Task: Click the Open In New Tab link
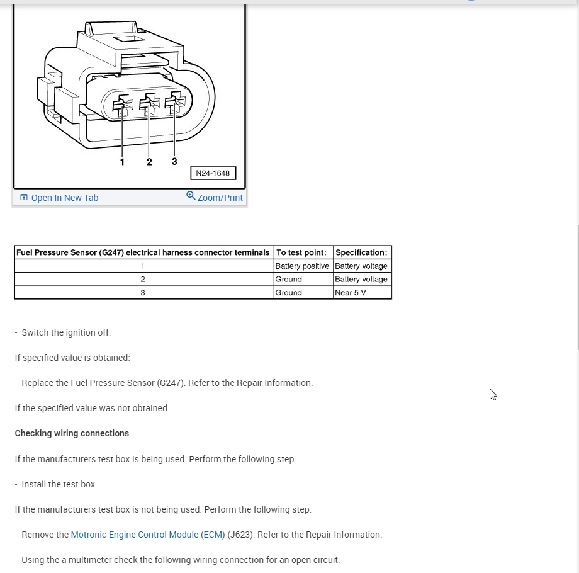pyautogui.click(x=64, y=198)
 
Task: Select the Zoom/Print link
pyautogui.click(x=220, y=198)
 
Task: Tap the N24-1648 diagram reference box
pyautogui.click(x=213, y=173)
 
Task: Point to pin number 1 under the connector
pyautogui.click(x=122, y=162)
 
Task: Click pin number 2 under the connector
pyautogui.click(x=149, y=162)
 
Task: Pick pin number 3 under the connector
pyautogui.click(x=174, y=161)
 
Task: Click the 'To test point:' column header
pyautogui.click(x=301, y=252)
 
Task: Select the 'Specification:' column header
pyautogui.click(x=361, y=252)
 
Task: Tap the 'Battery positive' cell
pyautogui.click(x=302, y=266)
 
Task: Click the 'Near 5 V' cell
pyautogui.click(x=351, y=293)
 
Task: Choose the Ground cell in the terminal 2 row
pyautogui.click(x=289, y=280)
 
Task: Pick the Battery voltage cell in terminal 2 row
pyautogui.click(x=361, y=280)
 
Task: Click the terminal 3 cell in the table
pyautogui.click(x=143, y=293)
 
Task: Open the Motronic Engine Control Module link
pyautogui.click(x=135, y=535)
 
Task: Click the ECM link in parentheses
pyautogui.click(x=213, y=535)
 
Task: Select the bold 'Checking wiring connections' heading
pyautogui.click(x=72, y=433)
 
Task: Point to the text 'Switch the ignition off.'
pyautogui.click(x=66, y=332)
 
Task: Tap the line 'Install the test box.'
pyautogui.click(x=59, y=484)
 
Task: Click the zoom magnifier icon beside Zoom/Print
pyautogui.click(x=191, y=196)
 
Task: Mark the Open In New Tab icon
pyautogui.click(x=24, y=198)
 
